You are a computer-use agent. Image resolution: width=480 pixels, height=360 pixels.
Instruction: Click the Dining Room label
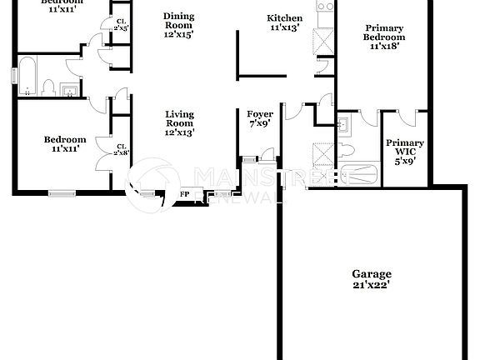tap(178, 17)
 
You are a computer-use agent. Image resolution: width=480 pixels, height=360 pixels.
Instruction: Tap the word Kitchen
tap(284, 18)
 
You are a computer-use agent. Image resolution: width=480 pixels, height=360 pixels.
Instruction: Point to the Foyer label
tap(255, 115)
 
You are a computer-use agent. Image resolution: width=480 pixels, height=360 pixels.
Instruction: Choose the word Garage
tap(371, 273)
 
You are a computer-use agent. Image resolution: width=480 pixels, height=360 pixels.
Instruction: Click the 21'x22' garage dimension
tap(371, 286)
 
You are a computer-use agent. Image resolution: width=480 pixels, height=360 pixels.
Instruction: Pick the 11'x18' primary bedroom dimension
tap(383, 47)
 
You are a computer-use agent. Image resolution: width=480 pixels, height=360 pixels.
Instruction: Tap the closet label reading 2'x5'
tap(122, 28)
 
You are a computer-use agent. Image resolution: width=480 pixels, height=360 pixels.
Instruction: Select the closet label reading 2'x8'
tap(122, 152)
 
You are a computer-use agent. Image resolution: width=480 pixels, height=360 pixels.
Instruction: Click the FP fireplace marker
tap(185, 196)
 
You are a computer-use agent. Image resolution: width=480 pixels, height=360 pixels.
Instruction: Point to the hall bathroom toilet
tap(49, 87)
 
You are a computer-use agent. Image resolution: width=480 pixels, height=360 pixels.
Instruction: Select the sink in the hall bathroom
tap(71, 89)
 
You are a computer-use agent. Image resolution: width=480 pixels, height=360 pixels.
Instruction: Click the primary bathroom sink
tap(342, 124)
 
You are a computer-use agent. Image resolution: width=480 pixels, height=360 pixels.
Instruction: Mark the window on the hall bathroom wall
tap(12, 74)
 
